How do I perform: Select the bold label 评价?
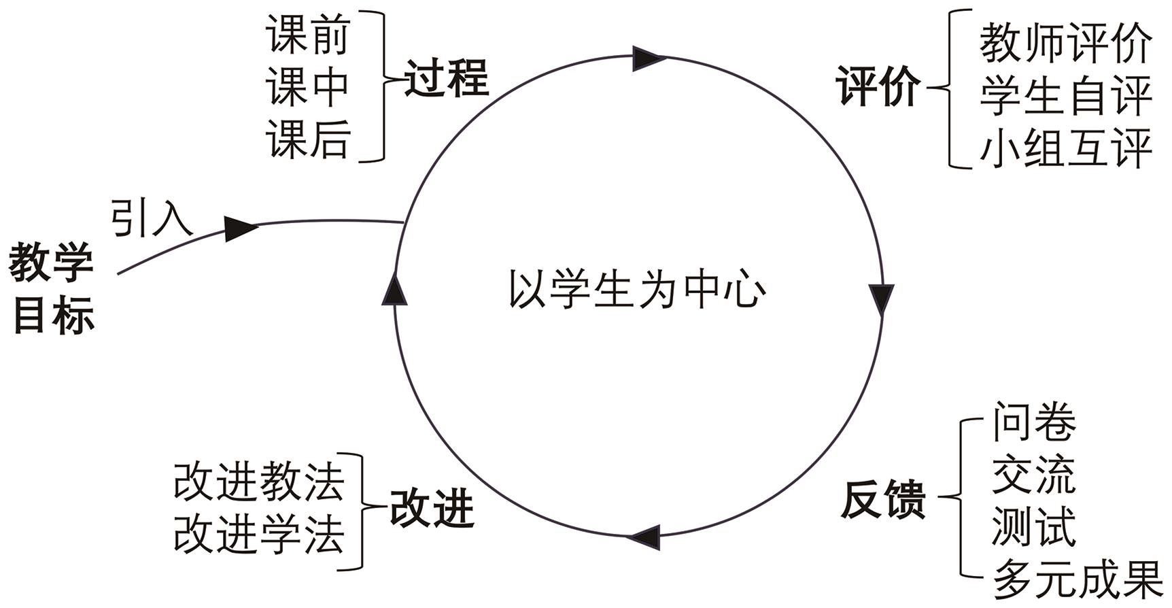tap(878, 86)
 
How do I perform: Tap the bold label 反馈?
tap(883, 500)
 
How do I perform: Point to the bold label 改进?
tap(431, 508)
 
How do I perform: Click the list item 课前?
tap(308, 35)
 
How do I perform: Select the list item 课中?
tap(308, 86)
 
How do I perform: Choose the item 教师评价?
tap(1065, 44)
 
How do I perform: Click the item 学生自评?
tap(1065, 96)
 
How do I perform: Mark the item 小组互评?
tap(1065, 148)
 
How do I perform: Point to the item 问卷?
tap(1034, 422)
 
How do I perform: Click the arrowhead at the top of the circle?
tap(649, 58)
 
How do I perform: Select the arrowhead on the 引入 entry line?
tap(240, 228)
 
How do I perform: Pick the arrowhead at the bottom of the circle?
tap(644, 537)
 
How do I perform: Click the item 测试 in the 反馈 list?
tap(1034, 528)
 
